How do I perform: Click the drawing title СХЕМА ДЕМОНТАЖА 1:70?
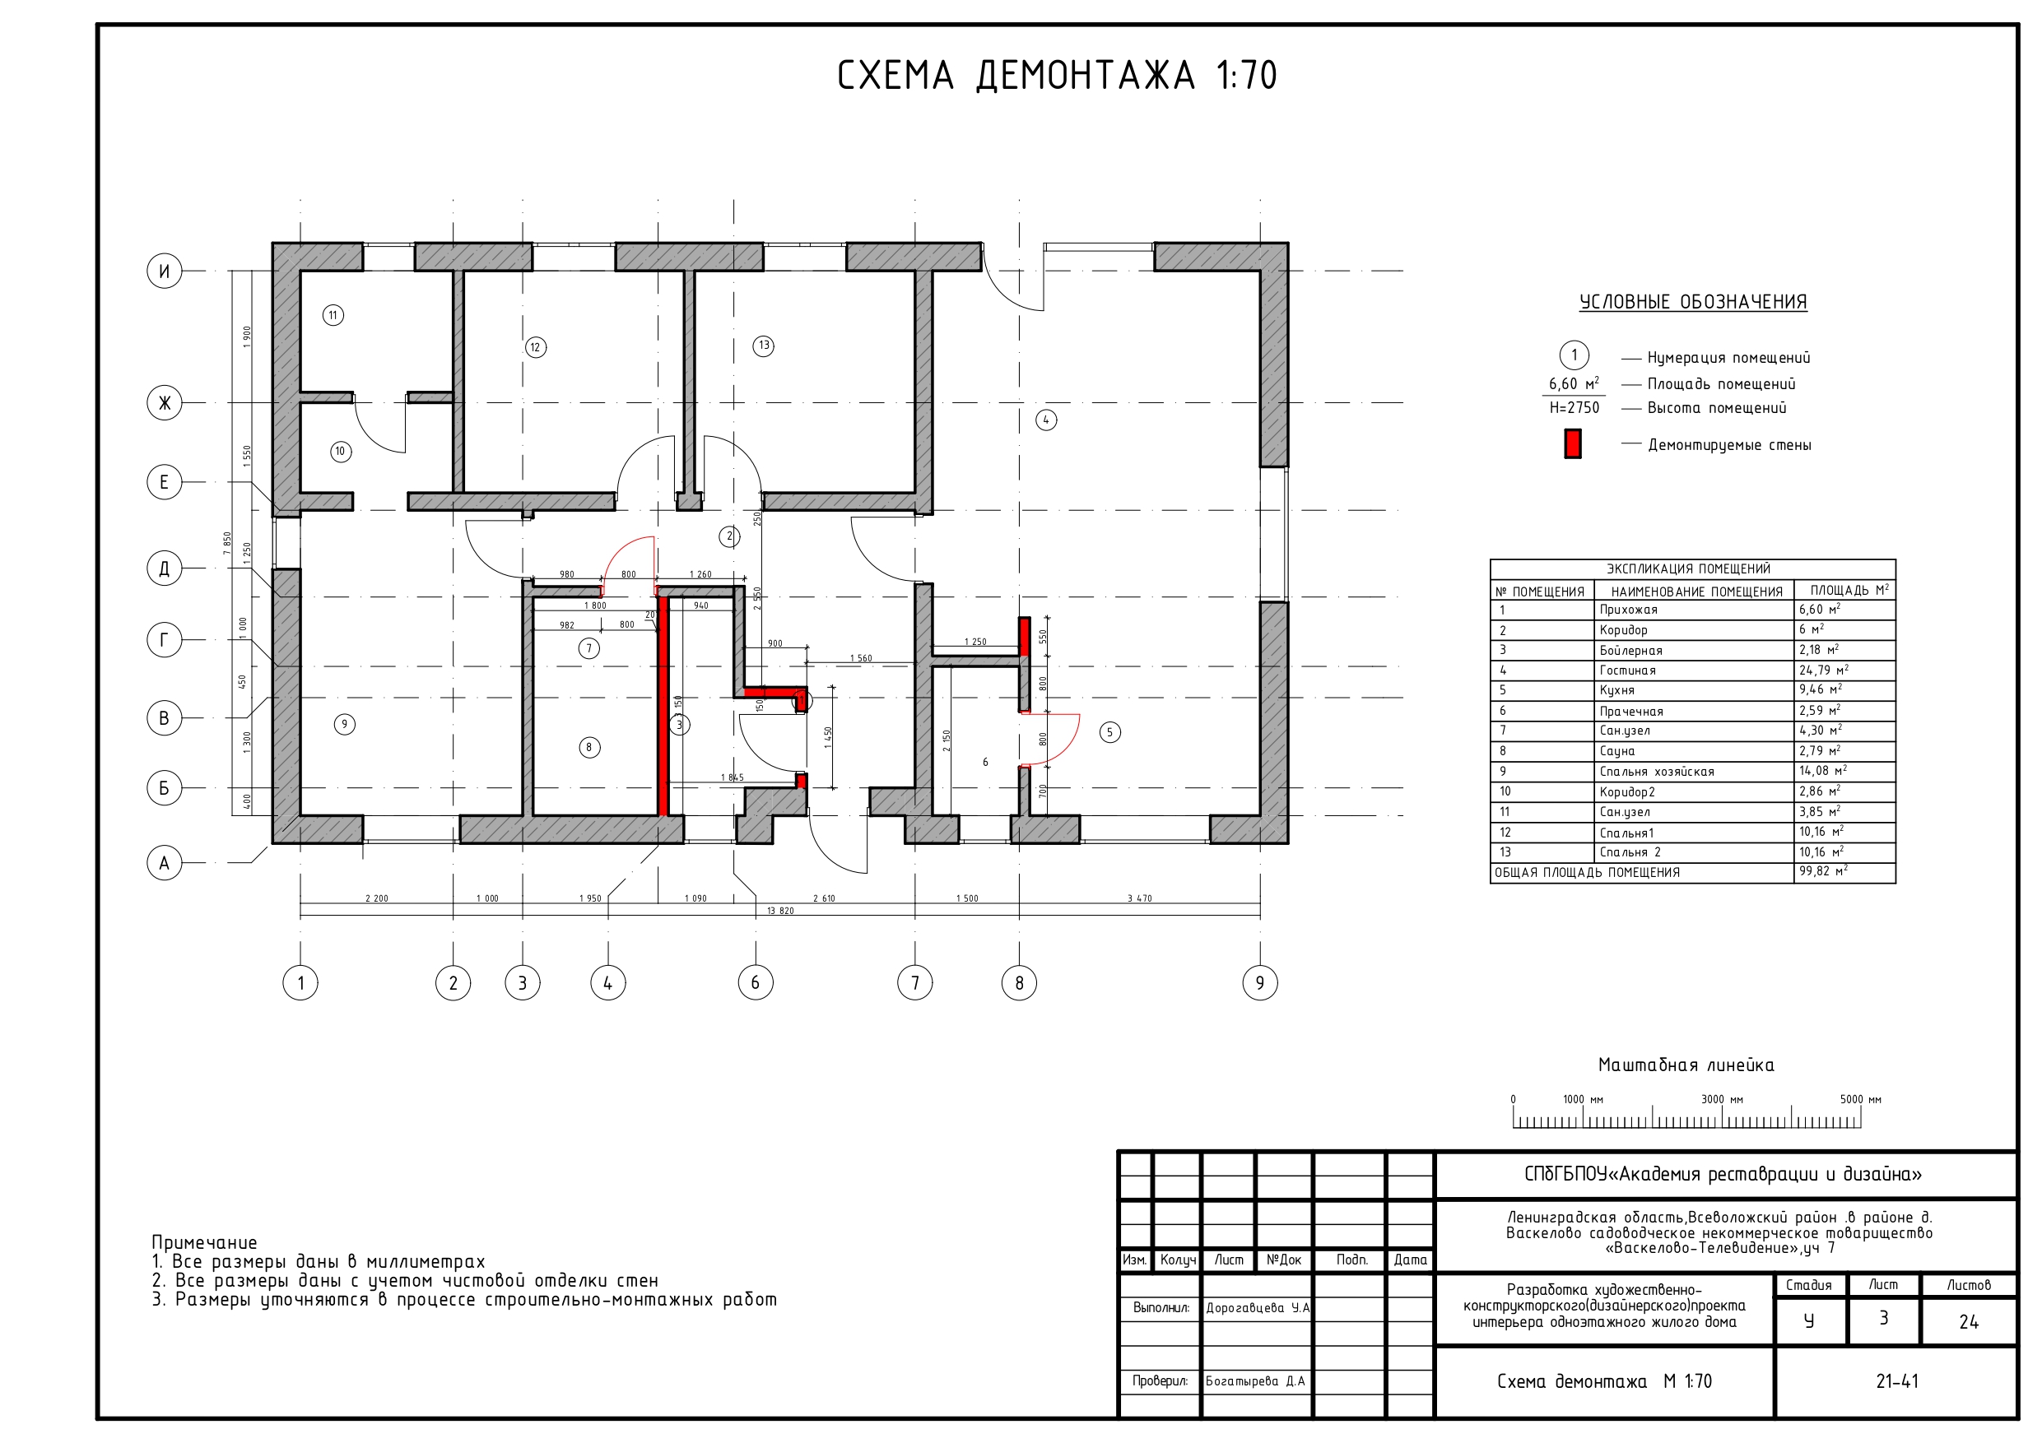click(x=1057, y=76)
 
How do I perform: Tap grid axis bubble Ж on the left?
click(x=164, y=403)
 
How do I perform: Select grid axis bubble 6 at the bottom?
click(x=755, y=982)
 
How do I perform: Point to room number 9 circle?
click(x=344, y=724)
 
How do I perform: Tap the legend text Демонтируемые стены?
click(x=1729, y=444)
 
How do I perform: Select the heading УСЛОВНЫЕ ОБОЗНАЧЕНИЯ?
click(x=1692, y=302)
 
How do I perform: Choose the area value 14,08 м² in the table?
click(x=1822, y=771)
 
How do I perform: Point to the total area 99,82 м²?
click(x=1822, y=871)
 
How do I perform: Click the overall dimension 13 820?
click(x=780, y=911)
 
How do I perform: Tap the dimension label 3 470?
click(x=1139, y=898)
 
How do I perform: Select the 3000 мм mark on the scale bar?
click(x=1722, y=1100)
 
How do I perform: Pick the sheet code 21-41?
click(x=1897, y=1380)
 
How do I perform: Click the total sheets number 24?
click(x=1968, y=1322)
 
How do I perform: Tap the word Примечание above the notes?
click(x=203, y=1242)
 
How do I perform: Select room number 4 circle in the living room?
click(x=1046, y=420)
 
